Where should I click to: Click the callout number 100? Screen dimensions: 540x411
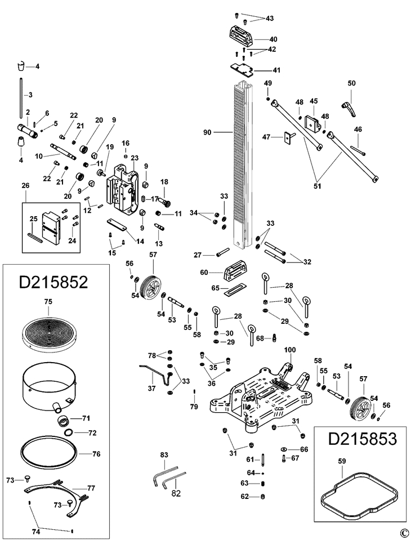tap(289, 351)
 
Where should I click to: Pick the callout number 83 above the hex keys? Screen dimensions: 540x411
tap(164, 454)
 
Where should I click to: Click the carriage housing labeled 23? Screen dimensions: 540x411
tap(124, 189)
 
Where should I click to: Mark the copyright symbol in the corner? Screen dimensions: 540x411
tap(403, 533)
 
